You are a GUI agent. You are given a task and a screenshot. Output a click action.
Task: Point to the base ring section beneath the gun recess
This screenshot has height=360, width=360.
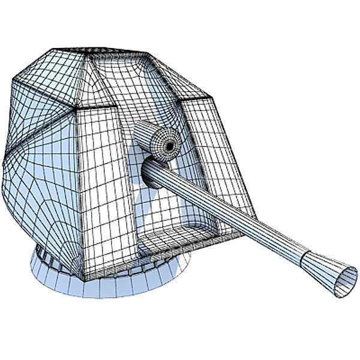pyautogui.click(x=150, y=279)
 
